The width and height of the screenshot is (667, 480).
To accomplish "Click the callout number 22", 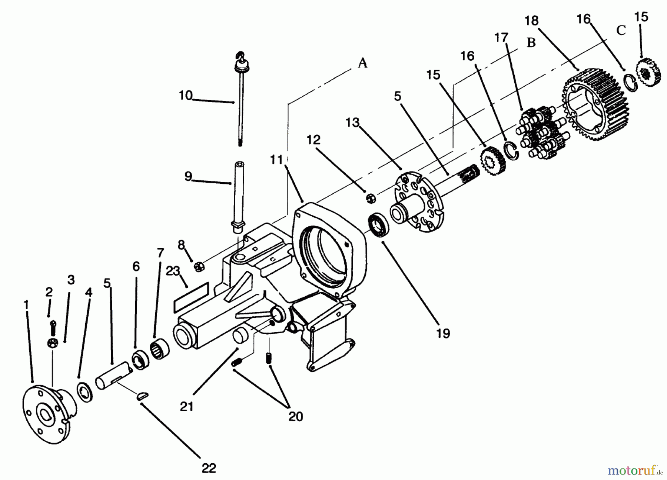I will click(x=209, y=468).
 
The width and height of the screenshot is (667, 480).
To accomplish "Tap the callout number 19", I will click(x=443, y=333).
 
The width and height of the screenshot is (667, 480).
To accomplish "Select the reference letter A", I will click(x=362, y=63).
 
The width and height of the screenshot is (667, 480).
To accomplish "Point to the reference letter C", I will click(x=621, y=30).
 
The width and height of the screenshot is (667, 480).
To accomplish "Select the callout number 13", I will click(x=353, y=122).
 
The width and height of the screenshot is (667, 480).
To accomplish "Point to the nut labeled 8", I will click(x=199, y=266).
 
